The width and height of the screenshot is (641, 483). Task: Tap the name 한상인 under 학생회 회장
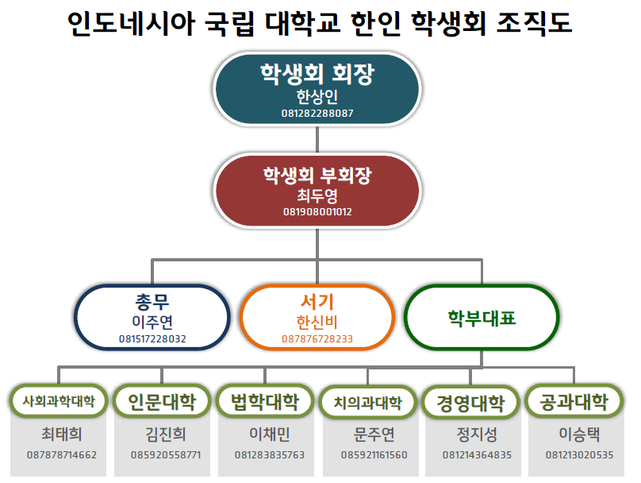tap(317, 96)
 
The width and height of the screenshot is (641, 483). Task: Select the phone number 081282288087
tap(317, 114)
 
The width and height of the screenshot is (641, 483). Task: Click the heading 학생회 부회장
tap(317, 176)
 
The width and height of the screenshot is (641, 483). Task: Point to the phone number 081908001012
tap(317, 212)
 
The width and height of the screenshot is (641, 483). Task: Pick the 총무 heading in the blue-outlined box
tap(152, 302)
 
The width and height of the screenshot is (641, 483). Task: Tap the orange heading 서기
tap(317, 302)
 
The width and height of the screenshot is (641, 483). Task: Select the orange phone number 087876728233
tap(317, 339)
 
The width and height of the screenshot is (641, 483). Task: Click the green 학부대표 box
tap(482, 318)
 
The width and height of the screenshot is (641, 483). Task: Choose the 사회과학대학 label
tap(59, 401)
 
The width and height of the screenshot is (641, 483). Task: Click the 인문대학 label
tap(161, 401)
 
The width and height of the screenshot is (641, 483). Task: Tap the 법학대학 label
tap(265, 400)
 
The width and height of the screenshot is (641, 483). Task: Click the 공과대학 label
tap(574, 400)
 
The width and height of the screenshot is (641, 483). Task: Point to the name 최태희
tap(62, 435)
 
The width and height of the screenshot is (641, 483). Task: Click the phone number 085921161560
tap(374, 455)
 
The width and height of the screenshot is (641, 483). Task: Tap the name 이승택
tap(579, 435)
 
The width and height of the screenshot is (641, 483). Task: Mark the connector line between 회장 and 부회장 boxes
tap(317, 139)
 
